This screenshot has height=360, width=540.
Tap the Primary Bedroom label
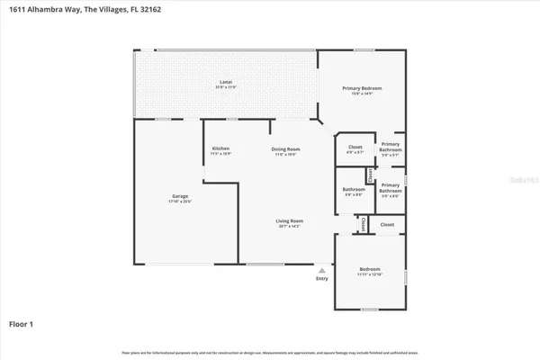point(356,87)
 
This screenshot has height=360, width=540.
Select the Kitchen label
point(220,148)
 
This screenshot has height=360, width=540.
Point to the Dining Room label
point(286,148)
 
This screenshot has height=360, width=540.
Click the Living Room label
point(290,220)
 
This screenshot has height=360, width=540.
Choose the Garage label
point(180,195)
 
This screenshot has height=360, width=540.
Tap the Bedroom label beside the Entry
point(370,268)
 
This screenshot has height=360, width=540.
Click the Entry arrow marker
point(322,269)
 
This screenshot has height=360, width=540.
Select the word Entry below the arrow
point(322,279)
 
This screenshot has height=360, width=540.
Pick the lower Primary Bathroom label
point(391,187)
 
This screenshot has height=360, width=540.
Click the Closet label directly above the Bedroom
point(387,224)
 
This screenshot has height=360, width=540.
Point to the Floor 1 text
point(22,322)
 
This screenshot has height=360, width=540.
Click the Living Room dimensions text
point(290,226)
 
